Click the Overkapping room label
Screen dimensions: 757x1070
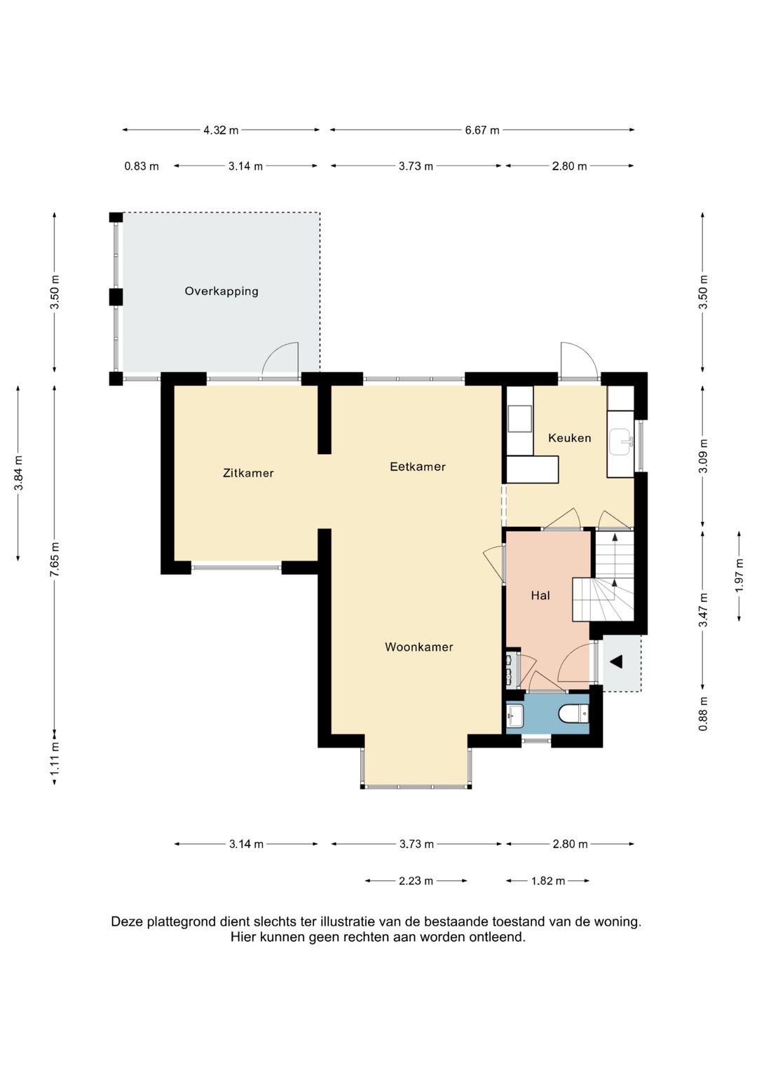coord(221,291)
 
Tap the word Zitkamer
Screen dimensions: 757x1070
coord(248,473)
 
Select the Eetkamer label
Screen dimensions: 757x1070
coord(418,467)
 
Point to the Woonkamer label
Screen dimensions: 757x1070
coord(418,647)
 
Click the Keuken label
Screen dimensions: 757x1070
coord(569,437)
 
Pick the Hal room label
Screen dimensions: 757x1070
coord(540,595)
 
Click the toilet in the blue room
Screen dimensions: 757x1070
coord(573,713)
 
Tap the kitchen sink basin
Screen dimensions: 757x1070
coord(620,441)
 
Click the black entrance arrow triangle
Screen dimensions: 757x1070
coord(617,661)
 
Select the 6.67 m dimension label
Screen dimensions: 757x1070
coord(482,130)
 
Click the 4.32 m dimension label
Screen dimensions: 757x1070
coord(221,130)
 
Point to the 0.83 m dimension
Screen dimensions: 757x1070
coord(142,166)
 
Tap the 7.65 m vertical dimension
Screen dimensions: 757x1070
coord(55,559)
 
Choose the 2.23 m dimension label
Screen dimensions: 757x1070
coord(416,881)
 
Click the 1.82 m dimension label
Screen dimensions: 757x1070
coord(547,881)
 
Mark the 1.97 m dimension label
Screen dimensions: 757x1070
coord(739,575)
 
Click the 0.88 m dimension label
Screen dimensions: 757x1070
coord(702,713)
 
